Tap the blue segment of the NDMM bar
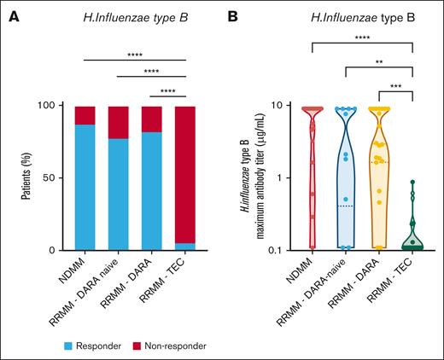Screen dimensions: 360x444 click(x=85, y=188)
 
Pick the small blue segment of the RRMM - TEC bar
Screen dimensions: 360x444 click(x=185, y=247)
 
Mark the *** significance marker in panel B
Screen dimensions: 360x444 click(x=394, y=88)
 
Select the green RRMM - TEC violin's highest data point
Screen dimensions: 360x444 click(x=412, y=182)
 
